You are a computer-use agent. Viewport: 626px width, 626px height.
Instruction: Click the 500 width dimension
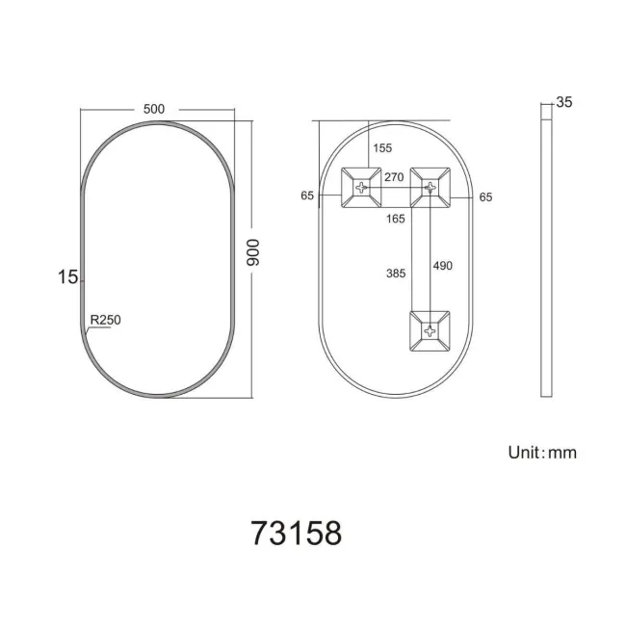pyautogui.click(x=153, y=109)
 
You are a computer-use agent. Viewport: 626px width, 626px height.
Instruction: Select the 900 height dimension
pyautogui.click(x=254, y=253)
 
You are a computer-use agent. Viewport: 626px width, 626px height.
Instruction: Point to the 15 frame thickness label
pyautogui.click(x=65, y=277)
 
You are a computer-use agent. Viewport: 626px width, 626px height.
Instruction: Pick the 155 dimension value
pyautogui.click(x=382, y=148)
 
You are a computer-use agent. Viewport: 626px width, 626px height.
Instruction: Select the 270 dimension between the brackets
pyautogui.click(x=393, y=177)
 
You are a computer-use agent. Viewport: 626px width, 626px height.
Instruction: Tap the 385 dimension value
pyautogui.click(x=393, y=273)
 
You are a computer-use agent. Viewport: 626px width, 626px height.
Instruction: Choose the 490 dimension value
pyautogui.click(x=442, y=265)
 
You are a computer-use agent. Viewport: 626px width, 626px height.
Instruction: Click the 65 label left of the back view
pyautogui.click(x=307, y=196)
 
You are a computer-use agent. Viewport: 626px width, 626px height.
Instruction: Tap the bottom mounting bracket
pyautogui.click(x=429, y=331)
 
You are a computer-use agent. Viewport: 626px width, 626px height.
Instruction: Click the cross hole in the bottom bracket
pyautogui.click(x=429, y=330)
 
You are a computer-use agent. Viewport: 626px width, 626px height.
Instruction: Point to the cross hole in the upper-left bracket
pyautogui.click(x=363, y=186)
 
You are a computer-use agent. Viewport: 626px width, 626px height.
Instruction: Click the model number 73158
pyautogui.click(x=296, y=533)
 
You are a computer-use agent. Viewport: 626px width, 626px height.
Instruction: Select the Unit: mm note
pyautogui.click(x=541, y=452)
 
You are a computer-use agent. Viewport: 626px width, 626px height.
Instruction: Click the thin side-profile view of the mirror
pyautogui.click(x=546, y=255)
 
